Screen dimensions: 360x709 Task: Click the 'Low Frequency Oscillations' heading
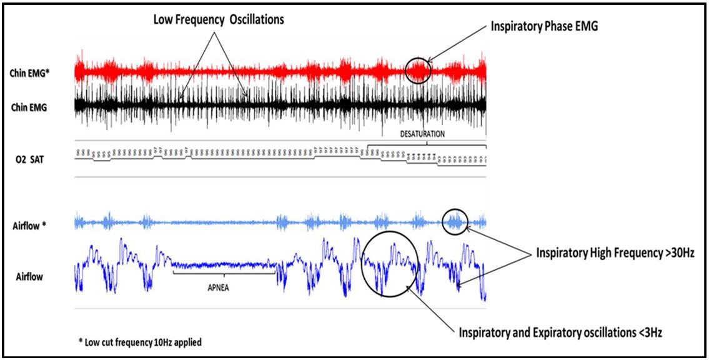pos(219,20)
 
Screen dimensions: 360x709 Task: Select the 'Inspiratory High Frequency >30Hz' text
pos(614,253)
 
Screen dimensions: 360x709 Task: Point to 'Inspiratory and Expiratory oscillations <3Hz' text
pos(560,332)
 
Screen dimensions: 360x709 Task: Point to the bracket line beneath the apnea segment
pos(223,272)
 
